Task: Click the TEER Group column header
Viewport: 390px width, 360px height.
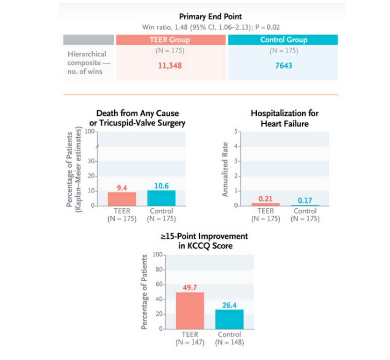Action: pos(170,40)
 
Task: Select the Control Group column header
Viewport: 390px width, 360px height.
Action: pos(284,40)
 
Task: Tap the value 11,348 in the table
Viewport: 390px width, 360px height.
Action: pos(170,66)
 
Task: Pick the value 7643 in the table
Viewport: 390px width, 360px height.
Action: pos(284,66)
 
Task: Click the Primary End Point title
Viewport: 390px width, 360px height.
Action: pos(210,17)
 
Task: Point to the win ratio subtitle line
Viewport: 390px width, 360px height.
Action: pos(211,27)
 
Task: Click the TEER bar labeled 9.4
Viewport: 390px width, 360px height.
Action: pos(122,199)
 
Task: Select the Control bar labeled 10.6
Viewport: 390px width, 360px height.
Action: pos(161,198)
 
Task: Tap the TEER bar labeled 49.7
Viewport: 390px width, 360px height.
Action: pos(190,310)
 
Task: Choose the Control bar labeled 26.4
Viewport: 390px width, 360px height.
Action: pos(229,319)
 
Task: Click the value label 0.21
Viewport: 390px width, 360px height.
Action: pos(265,199)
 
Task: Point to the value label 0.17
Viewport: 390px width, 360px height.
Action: pos(305,200)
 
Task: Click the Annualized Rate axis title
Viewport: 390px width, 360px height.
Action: pos(225,169)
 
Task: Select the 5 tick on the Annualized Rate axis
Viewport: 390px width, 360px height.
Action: pos(236,131)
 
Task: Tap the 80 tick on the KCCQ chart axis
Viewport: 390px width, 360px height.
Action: pos(159,269)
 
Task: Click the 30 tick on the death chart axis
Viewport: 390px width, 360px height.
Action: pos(91,161)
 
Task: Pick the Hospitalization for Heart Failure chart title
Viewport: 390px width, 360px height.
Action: pos(284,118)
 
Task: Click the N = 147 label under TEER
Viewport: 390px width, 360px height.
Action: pos(190,343)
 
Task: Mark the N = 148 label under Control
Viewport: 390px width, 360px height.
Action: pos(229,343)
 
